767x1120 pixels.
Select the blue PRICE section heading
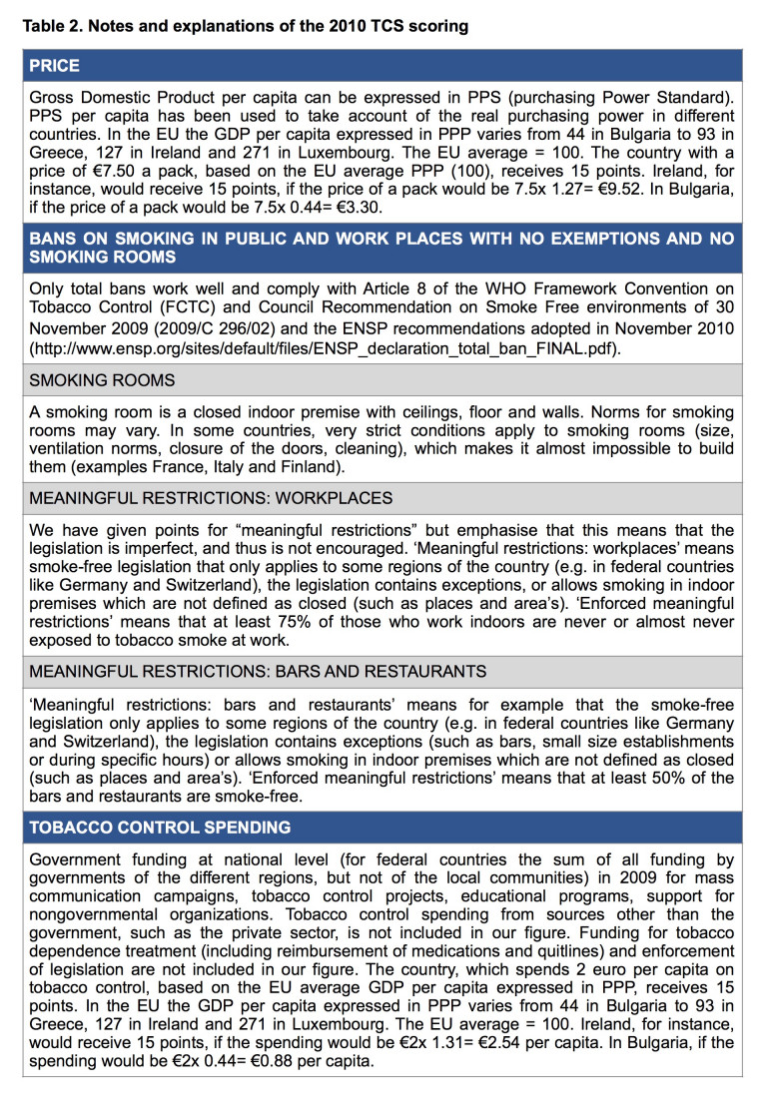pos(55,66)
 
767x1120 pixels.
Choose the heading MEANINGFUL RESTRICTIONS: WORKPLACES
pos(212,498)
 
